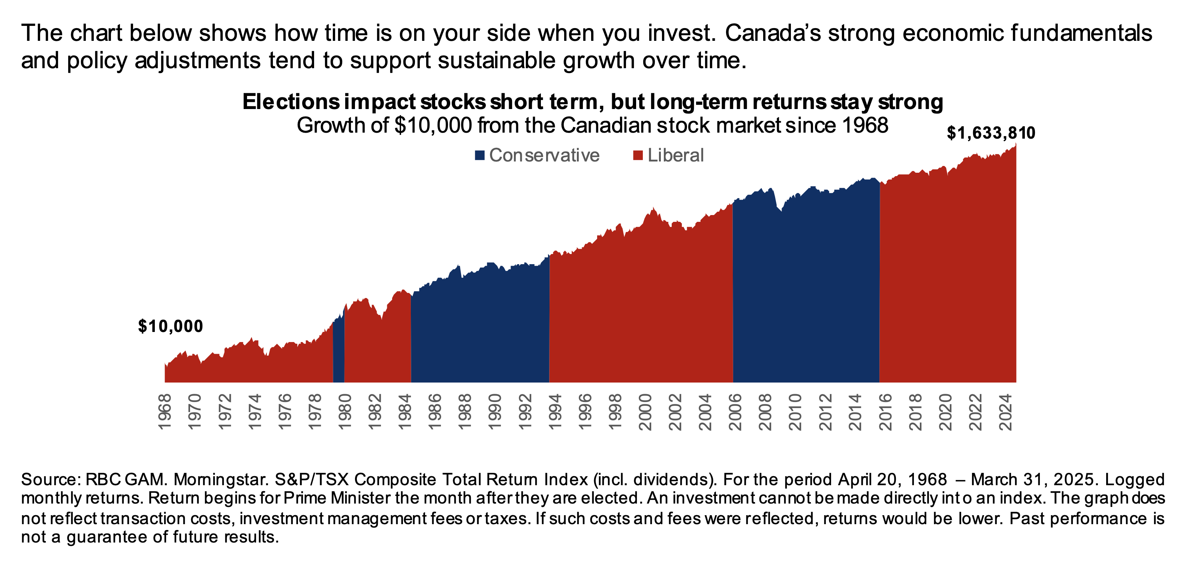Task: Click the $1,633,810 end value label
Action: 991,133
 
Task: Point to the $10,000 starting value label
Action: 171,326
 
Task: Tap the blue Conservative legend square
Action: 479,155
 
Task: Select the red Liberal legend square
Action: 638,155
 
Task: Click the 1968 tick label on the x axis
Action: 165,411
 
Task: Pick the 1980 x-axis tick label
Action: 345,411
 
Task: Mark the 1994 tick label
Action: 555,411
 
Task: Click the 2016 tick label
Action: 886,411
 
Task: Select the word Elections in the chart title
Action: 291,102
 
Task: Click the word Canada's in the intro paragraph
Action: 773,33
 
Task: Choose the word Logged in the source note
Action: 1135,480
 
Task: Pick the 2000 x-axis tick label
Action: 645,411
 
